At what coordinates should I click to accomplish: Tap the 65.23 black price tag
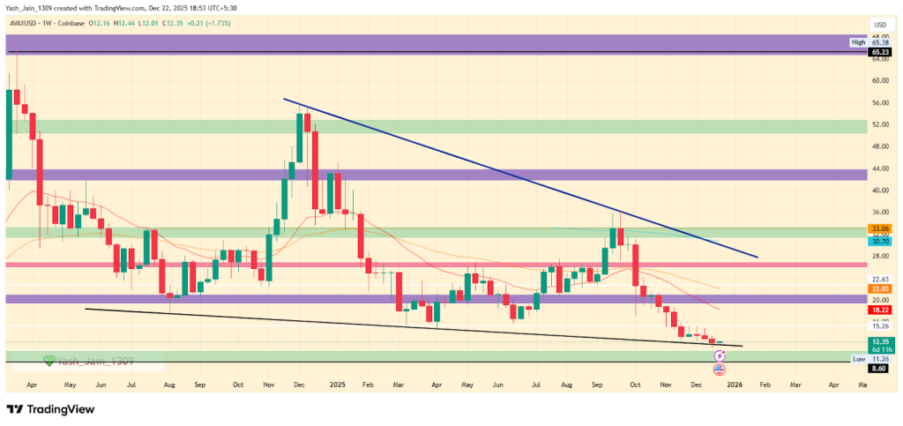point(880,52)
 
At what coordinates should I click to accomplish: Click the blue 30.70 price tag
point(880,240)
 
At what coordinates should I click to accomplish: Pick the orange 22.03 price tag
point(880,288)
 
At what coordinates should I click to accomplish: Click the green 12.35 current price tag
point(880,341)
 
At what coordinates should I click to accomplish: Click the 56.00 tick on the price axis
point(880,102)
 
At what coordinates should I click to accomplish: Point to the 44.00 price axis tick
point(880,168)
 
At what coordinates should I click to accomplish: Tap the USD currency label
point(879,25)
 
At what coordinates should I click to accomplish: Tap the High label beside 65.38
point(857,42)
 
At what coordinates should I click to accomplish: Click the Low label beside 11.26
point(857,359)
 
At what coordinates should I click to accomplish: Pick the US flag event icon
point(719,369)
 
